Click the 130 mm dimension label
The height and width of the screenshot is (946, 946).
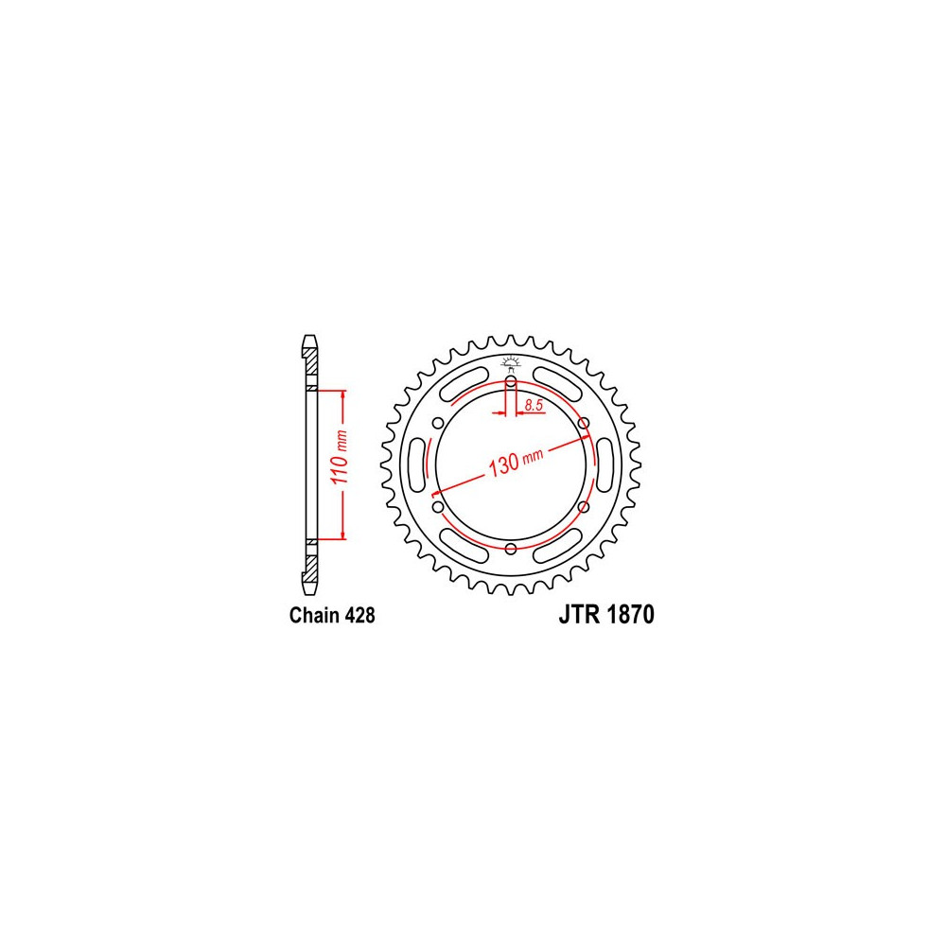tap(516, 463)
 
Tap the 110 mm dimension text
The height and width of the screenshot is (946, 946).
tap(341, 457)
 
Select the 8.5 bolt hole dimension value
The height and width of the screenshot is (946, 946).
tap(534, 405)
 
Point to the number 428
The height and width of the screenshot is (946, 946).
tap(360, 615)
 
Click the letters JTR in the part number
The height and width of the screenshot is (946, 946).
tap(579, 614)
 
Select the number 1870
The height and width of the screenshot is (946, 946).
tap(630, 614)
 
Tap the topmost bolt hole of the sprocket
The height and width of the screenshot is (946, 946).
tap(511, 381)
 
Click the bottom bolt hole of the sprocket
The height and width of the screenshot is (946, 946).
tap(511, 549)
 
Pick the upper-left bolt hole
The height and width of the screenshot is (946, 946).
tap(439, 423)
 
